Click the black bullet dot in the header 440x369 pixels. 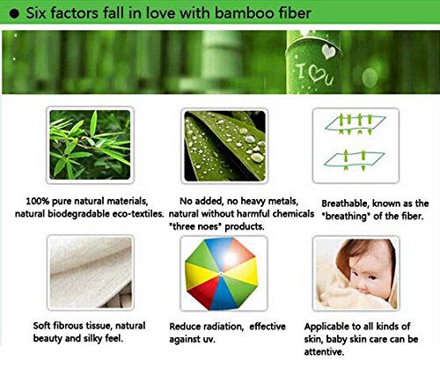click(14, 14)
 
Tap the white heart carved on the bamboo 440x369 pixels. click(328, 51)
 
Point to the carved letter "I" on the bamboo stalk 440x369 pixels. click(300, 71)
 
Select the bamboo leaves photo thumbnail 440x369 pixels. click(90, 144)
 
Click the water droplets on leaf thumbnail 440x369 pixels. click(224, 145)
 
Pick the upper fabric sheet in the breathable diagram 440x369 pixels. click(355, 124)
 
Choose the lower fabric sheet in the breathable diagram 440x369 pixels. click(354, 160)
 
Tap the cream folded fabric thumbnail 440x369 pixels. click(91, 273)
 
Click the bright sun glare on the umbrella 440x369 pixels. click(230, 258)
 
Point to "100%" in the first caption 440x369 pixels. click(37, 202)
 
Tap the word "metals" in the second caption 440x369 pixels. click(283, 202)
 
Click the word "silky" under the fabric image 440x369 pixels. click(93, 338)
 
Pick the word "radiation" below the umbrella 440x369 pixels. click(223, 327)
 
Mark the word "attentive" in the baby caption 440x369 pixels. click(324, 351)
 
